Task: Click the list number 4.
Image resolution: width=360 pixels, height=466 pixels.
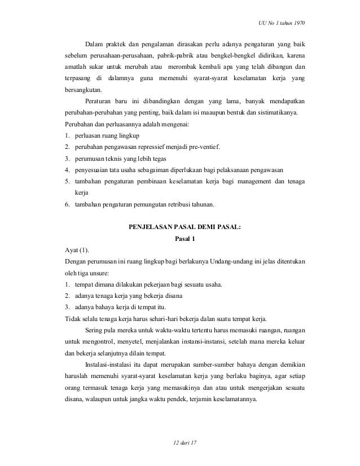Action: (x=67, y=170)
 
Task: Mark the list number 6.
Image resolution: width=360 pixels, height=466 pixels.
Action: (x=67, y=204)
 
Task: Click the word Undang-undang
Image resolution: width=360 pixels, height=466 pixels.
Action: (x=216, y=261)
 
